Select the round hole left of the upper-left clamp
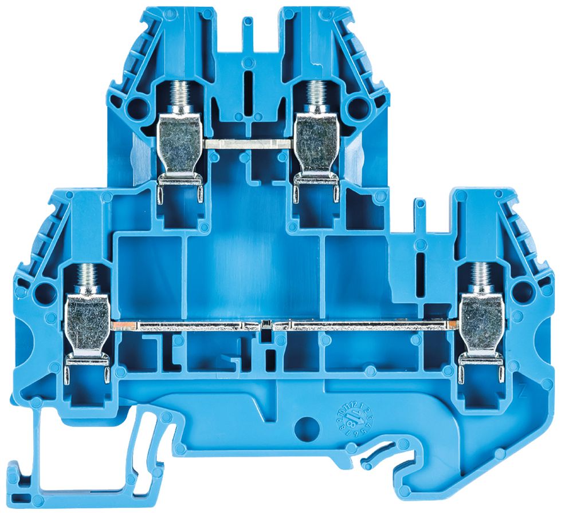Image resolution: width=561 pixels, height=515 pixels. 137,105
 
